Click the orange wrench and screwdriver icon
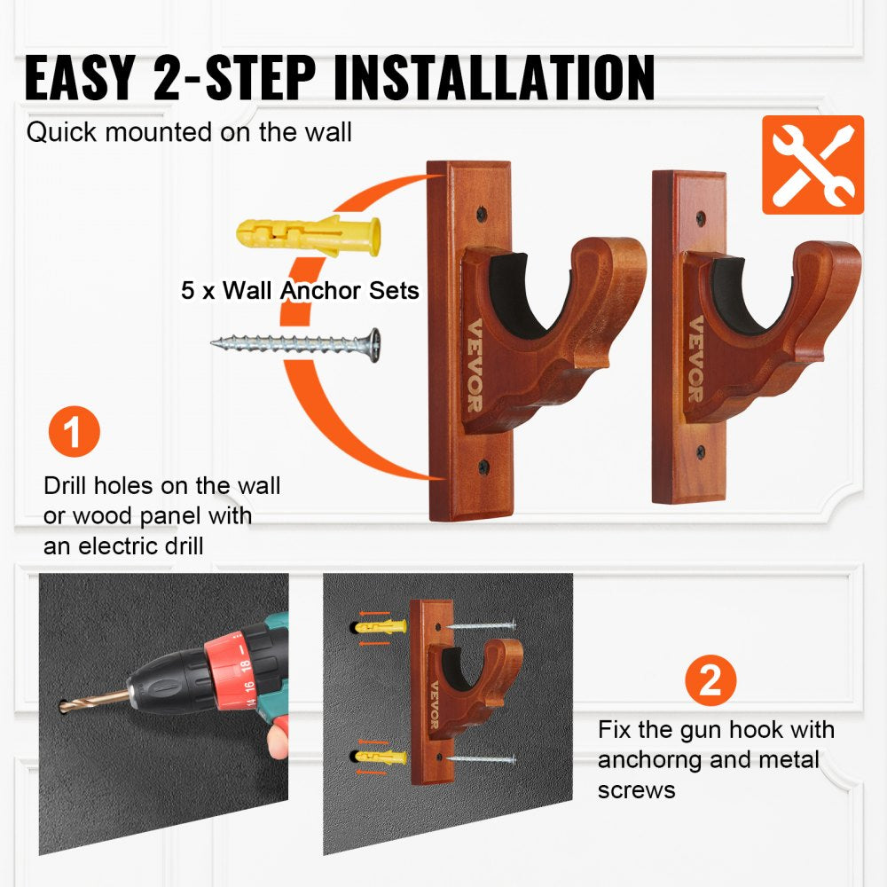tap(812, 165)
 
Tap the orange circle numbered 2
tap(710, 681)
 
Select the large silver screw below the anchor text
tap(295, 342)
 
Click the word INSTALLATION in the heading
tap(495, 78)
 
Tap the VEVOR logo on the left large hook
tap(473, 376)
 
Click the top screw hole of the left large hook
tap(480, 213)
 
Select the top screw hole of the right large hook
tap(701, 217)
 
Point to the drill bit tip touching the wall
tap(64, 706)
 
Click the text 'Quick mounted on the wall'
tap(189, 133)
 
